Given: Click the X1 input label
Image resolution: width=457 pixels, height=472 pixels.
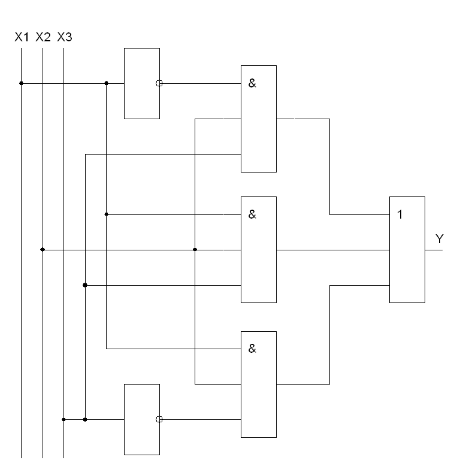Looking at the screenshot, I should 22,37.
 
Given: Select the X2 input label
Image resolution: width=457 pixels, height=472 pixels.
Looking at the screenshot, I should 43,37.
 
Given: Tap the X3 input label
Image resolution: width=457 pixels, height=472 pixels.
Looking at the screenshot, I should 64,37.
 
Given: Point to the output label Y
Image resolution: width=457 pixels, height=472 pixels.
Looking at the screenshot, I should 439,240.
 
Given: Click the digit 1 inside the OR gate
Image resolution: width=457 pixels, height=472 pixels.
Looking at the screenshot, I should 400,214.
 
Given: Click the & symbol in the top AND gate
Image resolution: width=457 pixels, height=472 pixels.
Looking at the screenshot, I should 252,83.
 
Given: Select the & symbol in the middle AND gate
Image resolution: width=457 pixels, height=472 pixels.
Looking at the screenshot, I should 252,214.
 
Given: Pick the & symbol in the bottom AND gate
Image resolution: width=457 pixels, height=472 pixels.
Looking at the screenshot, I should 252,349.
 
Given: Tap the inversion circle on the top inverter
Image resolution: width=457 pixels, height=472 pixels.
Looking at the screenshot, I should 159,83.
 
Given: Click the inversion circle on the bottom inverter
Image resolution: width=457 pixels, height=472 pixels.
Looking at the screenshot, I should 159,419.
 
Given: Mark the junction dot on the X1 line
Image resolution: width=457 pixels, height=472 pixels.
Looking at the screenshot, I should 21,83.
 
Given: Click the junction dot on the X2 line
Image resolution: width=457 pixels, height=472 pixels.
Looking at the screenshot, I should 43,249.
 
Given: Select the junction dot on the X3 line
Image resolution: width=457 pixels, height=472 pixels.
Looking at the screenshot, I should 63,419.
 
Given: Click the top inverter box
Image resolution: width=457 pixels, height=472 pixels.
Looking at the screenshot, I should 141,83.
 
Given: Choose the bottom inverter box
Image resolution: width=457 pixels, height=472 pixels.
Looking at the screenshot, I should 141,419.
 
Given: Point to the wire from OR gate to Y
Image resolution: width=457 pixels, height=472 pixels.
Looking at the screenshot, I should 434,250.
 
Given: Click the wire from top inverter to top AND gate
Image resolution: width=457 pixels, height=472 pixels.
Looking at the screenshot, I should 201,83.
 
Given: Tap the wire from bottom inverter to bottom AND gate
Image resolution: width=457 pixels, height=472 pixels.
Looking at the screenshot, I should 201,419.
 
